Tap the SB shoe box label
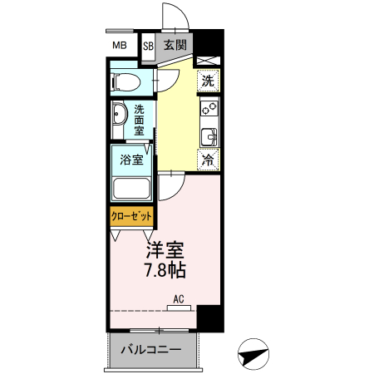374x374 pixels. [149, 46]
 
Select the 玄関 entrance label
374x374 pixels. [175, 46]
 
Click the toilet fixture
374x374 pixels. [125, 81]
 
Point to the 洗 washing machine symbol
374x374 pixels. [208, 81]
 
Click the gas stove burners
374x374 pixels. [208, 107]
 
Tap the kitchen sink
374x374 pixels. [209, 135]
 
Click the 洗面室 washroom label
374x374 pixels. [140, 120]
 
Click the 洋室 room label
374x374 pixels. [163, 250]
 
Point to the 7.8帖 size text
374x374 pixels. [163, 271]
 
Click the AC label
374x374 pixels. [178, 298]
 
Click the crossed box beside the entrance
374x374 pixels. [208, 59]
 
